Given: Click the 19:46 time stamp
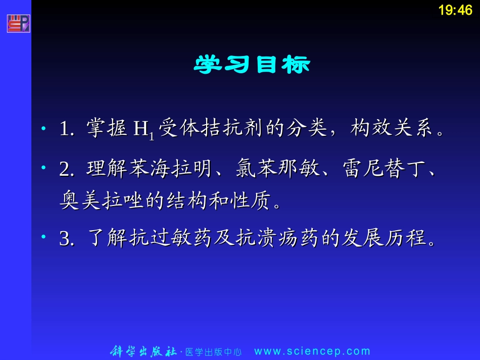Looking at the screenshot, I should [x=455, y=10].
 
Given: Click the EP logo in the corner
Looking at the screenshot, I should [x=19, y=24].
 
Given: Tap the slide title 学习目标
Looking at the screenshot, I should [x=252, y=65].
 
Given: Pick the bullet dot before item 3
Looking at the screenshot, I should [x=44, y=237].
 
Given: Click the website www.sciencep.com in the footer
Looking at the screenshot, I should [x=312, y=351].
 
